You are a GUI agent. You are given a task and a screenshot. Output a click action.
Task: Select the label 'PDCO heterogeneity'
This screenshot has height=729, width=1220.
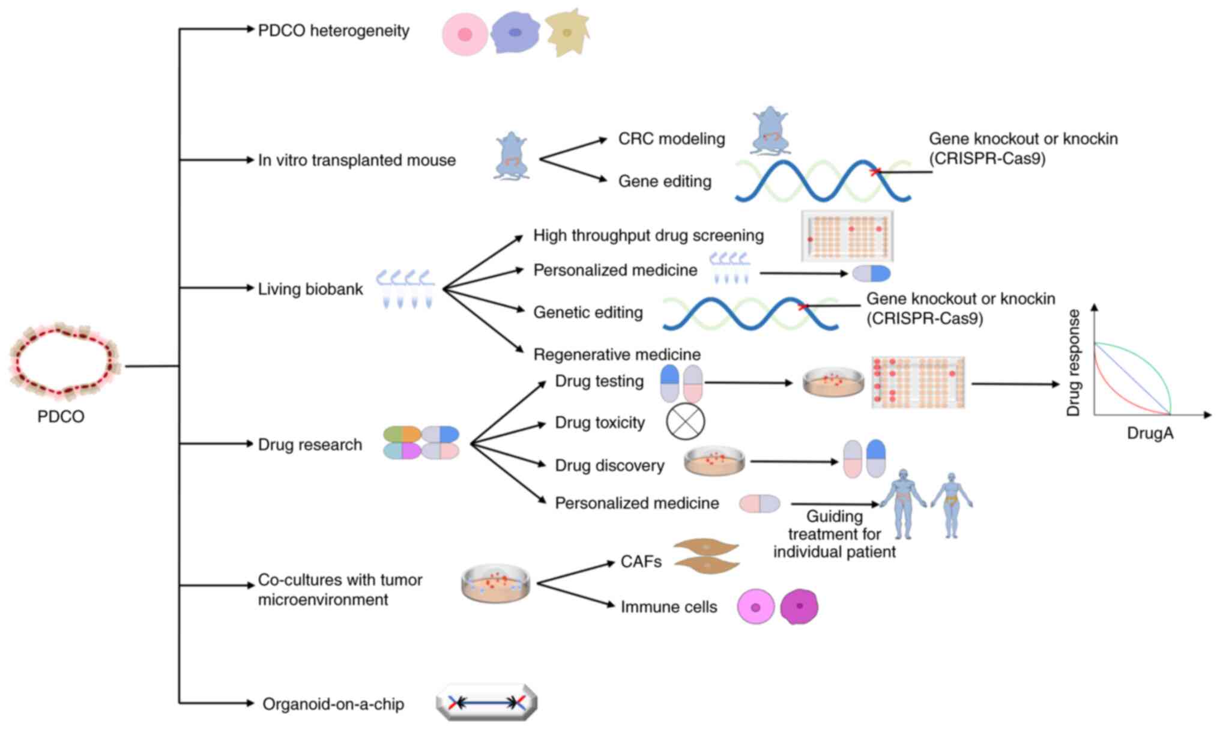click(x=333, y=31)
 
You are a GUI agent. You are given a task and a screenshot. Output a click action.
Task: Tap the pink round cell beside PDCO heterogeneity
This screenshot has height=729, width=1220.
click(x=465, y=35)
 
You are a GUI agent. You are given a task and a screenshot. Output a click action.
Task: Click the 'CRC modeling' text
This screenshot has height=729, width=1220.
click(x=671, y=139)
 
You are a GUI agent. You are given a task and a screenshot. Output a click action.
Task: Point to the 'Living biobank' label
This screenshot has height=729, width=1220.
click(x=310, y=289)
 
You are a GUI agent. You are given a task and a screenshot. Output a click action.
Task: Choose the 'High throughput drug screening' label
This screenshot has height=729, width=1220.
click(x=648, y=235)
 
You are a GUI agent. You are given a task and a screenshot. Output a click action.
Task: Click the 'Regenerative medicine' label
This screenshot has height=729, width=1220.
click(x=617, y=354)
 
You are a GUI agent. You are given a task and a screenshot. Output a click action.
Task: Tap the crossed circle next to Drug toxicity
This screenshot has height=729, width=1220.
click(x=685, y=421)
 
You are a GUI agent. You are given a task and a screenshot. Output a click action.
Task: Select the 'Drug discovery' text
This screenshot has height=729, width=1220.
click(x=609, y=465)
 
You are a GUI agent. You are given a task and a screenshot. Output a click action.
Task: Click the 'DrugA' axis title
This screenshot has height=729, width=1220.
click(x=1150, y=434)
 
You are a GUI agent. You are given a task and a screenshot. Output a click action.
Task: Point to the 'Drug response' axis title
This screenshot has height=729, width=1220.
click(x=1074, y=363)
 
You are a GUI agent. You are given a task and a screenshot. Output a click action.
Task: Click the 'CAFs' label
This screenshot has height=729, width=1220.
click(x=641, y=561)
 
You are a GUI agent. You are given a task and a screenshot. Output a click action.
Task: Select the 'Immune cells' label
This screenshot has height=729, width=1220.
click(x=668, y=607)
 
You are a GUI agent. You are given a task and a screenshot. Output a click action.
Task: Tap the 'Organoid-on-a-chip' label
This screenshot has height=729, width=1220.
click(x=333, y=704)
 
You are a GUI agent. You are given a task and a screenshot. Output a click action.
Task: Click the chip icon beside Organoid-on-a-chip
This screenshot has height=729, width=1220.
click(x=486, y=702)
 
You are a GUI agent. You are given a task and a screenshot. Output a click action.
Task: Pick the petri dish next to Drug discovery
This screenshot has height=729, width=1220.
click(x=714, y=461)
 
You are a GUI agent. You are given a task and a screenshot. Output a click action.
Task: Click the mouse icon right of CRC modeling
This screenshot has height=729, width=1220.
click(x=770, y=131)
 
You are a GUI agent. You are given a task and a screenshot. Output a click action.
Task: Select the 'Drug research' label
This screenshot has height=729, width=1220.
click(x=310, y=444)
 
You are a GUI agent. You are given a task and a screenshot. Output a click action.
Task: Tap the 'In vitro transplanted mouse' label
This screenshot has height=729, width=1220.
click(x=357, y=160)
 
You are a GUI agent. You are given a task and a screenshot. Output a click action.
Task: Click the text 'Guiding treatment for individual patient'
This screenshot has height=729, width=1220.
click(x=834, y=534)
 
